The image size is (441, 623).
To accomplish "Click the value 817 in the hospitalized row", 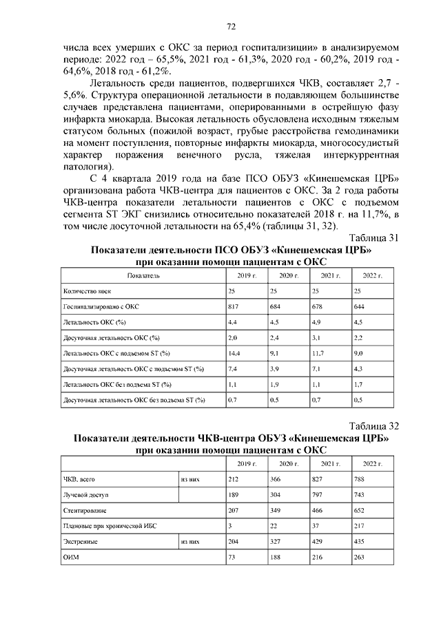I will click(233, 306).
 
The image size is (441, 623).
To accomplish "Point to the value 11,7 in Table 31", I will click(318, 353).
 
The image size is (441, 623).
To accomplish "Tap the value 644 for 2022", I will click(358, 306).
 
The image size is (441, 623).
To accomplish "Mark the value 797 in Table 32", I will click(318, 495).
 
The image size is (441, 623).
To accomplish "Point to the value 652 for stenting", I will click(358, 510).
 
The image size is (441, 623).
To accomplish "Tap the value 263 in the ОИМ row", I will click(358, 557).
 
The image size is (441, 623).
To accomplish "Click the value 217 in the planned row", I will click(358, 526).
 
